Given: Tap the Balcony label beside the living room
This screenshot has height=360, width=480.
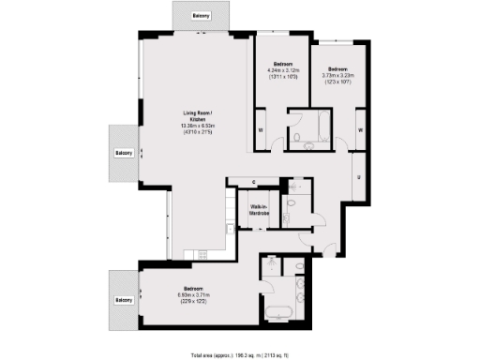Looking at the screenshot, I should click(x=124, y=153).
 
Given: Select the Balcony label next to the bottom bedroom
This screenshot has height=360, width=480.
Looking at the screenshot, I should click(x=124, y=300).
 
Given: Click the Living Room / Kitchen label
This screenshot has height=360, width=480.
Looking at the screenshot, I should click(x=197, y=117).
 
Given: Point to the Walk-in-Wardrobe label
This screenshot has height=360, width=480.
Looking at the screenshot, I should click(x=260, y=210).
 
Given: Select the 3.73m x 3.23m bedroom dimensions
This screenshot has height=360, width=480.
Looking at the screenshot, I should click(x=337, y=77).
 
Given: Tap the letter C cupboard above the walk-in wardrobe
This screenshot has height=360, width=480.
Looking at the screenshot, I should click(x=254, y=182).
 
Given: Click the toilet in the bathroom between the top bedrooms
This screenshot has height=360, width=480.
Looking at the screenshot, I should click(x=296, y=140).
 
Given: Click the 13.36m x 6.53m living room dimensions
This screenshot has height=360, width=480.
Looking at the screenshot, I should click(x=197, y=130).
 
